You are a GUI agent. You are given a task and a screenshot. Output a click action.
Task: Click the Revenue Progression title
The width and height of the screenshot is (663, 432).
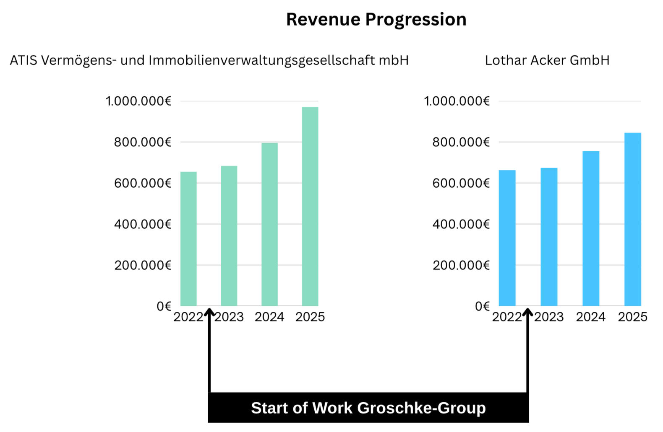(376, 20)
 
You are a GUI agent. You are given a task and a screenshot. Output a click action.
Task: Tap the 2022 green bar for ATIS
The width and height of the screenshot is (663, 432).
(188, 239)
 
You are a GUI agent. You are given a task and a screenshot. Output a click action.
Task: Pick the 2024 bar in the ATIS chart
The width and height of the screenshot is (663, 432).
(269, 224)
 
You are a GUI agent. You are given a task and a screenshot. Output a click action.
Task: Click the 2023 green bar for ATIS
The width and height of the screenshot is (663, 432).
(229, 235)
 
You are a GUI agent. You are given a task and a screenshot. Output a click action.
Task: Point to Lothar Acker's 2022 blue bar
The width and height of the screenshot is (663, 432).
(507, 238)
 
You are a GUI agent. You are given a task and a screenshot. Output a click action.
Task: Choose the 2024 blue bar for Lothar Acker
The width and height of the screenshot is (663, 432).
(590, 228)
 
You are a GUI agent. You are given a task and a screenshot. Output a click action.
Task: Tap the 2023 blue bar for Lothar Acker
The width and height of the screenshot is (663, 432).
(549, 237)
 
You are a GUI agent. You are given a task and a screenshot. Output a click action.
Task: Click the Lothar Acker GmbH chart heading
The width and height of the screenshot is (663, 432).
(547, 60)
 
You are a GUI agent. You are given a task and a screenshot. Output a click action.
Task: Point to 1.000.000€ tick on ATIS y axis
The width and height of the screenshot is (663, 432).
(138, 101)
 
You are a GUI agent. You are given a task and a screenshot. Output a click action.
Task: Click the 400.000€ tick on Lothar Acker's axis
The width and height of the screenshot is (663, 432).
(461, 224)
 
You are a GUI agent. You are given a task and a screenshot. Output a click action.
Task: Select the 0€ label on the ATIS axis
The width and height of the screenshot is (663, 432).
(164, 306)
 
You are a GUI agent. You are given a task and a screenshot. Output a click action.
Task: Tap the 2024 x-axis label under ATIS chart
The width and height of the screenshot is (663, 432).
(269, 317)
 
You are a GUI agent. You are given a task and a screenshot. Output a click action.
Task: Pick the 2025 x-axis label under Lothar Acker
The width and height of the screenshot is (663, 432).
(632, 317)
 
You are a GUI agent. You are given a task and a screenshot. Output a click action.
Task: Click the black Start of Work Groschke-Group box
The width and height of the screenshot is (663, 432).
(368, 408)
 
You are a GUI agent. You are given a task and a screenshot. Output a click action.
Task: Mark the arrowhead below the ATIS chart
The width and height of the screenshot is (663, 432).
(209, 312)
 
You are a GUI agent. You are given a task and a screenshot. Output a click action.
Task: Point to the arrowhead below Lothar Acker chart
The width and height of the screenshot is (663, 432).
(527, 312)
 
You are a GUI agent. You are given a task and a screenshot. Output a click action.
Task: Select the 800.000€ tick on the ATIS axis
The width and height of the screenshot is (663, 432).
(143, 142)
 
